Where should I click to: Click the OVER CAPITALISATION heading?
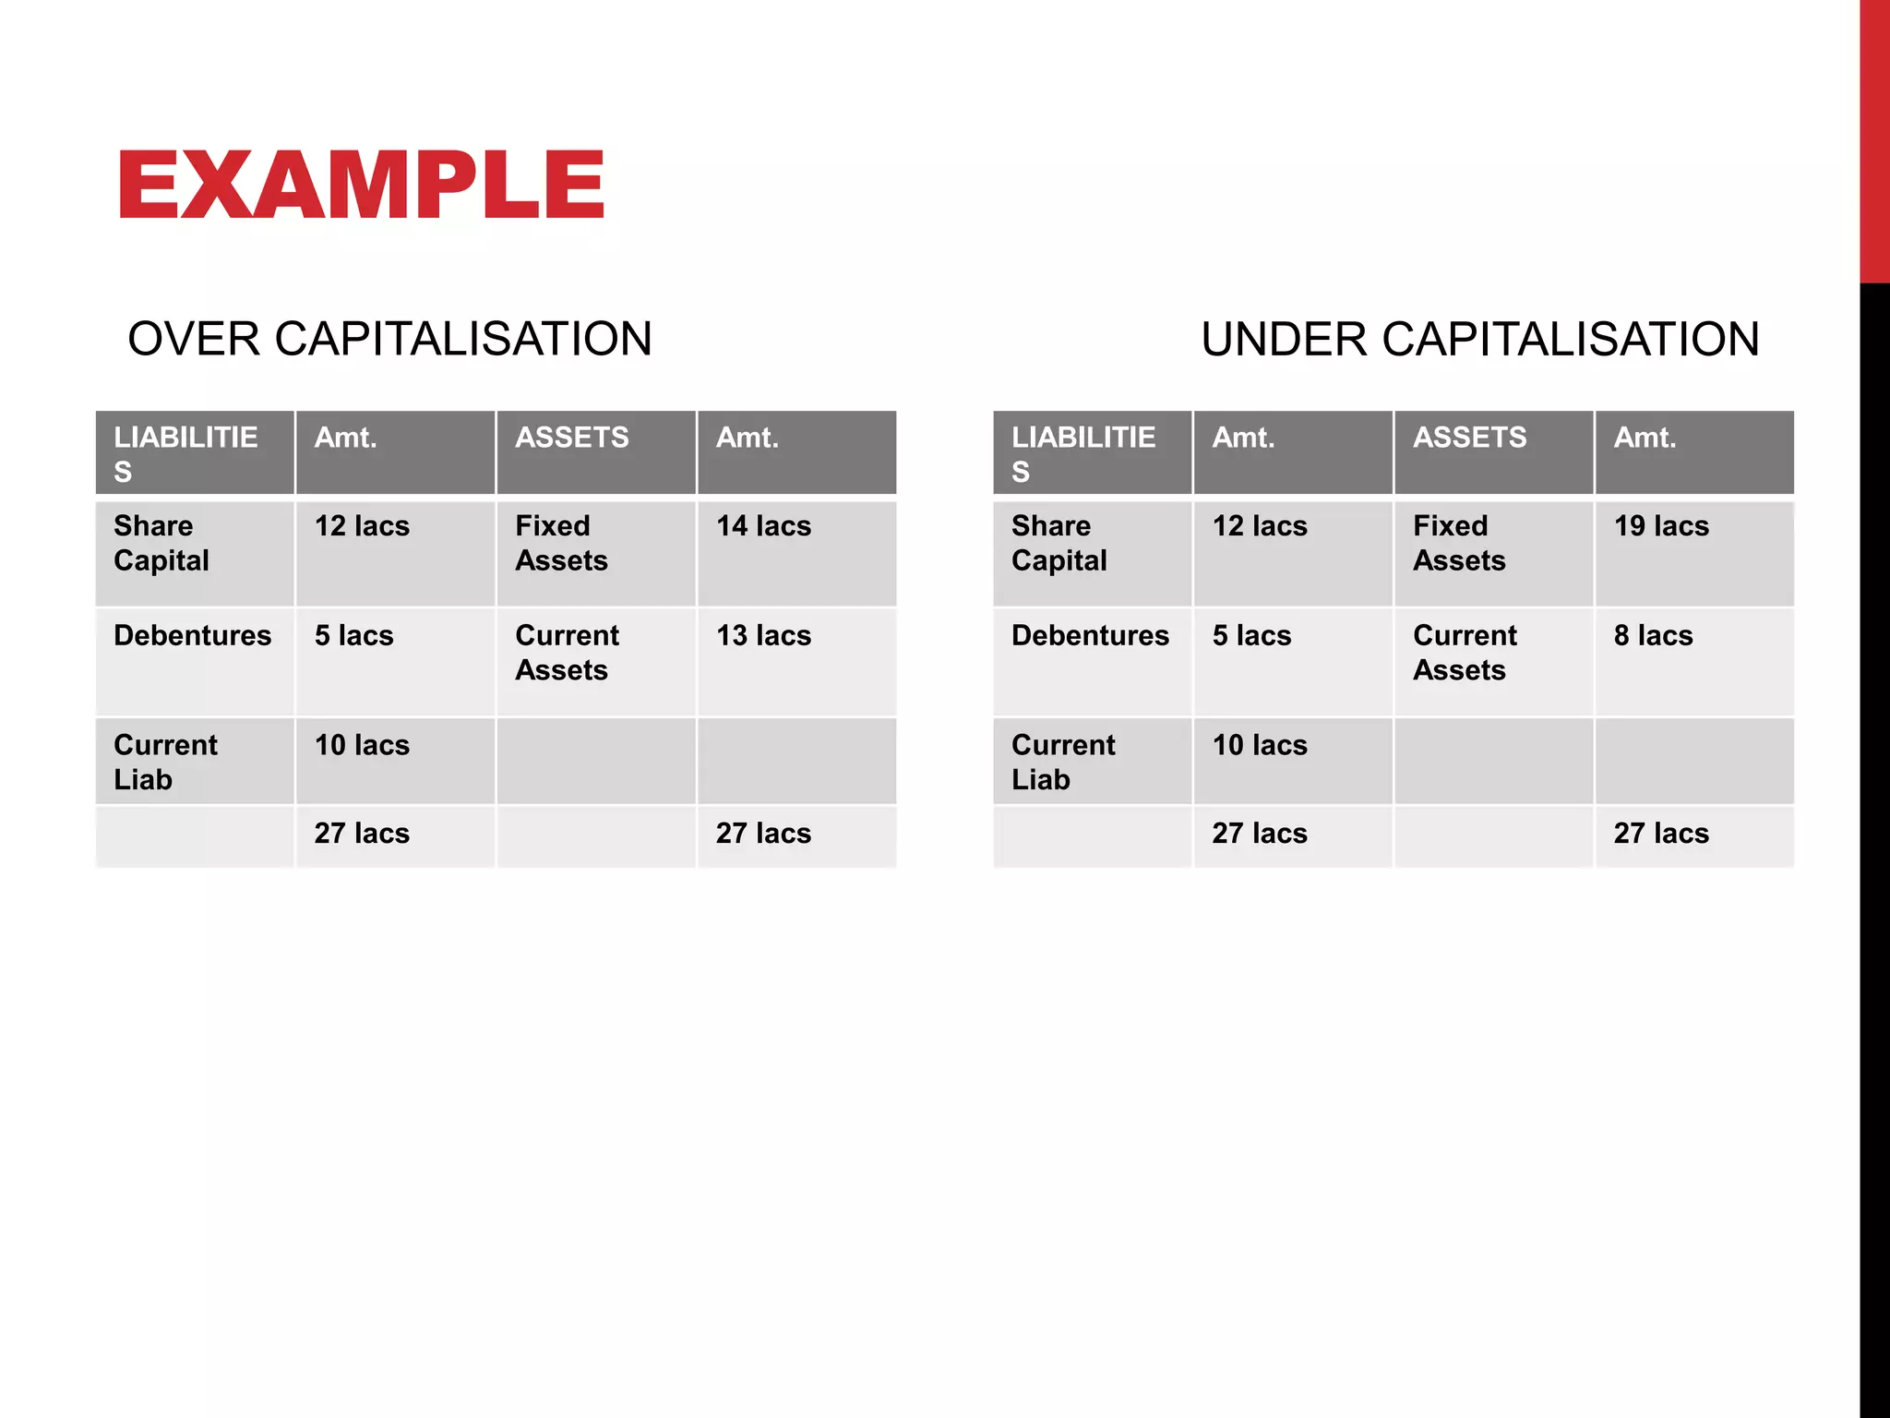389,339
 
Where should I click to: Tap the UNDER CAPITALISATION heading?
1480,339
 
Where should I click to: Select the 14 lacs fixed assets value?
763,526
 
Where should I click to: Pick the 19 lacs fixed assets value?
1661,526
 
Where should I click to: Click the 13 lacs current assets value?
763,636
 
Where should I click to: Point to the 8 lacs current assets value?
1653,636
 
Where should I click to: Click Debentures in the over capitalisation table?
192,636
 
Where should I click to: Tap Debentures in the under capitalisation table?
1090,636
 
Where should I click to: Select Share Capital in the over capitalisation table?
161,543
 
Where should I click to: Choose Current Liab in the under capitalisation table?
1063,762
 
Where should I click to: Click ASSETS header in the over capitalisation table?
572,438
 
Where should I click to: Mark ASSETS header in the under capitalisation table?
1470,438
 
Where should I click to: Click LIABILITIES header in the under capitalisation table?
1083,453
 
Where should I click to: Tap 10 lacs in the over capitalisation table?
362,745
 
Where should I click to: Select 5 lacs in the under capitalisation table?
1251,636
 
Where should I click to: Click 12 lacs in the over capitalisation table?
362,526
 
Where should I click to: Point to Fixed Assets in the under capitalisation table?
1459,543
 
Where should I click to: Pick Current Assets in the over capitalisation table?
567,653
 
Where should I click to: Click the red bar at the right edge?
1874,138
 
